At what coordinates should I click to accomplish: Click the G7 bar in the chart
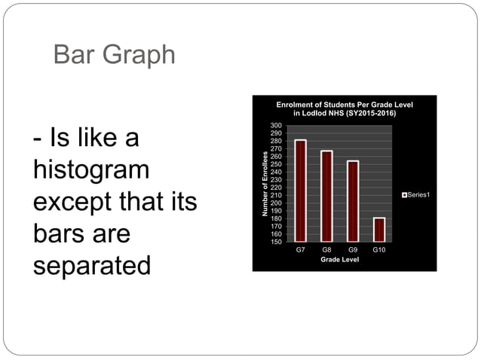[300, 191]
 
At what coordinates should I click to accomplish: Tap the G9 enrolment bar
[353, 201]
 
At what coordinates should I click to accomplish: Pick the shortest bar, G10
[379, 229]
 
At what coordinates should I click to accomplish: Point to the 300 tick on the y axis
[277, 125]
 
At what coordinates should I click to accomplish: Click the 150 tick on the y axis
[277, 242]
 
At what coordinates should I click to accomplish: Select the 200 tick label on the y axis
[277, 203]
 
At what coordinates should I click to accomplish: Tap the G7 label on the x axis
[300, 249]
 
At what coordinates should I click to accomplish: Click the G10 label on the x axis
[379, 249]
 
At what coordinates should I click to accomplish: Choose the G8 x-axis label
[326, 249]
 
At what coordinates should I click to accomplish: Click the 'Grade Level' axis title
[339, 259]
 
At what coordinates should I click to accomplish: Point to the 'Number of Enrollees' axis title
[265, 183]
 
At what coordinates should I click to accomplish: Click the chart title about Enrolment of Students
[345, 108]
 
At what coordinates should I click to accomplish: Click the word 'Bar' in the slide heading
[74, 55]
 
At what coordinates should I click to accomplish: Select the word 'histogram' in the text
[91, 170]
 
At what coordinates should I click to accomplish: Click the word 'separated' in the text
[91, 265]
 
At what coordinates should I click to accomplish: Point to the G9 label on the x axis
[353, 249]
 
